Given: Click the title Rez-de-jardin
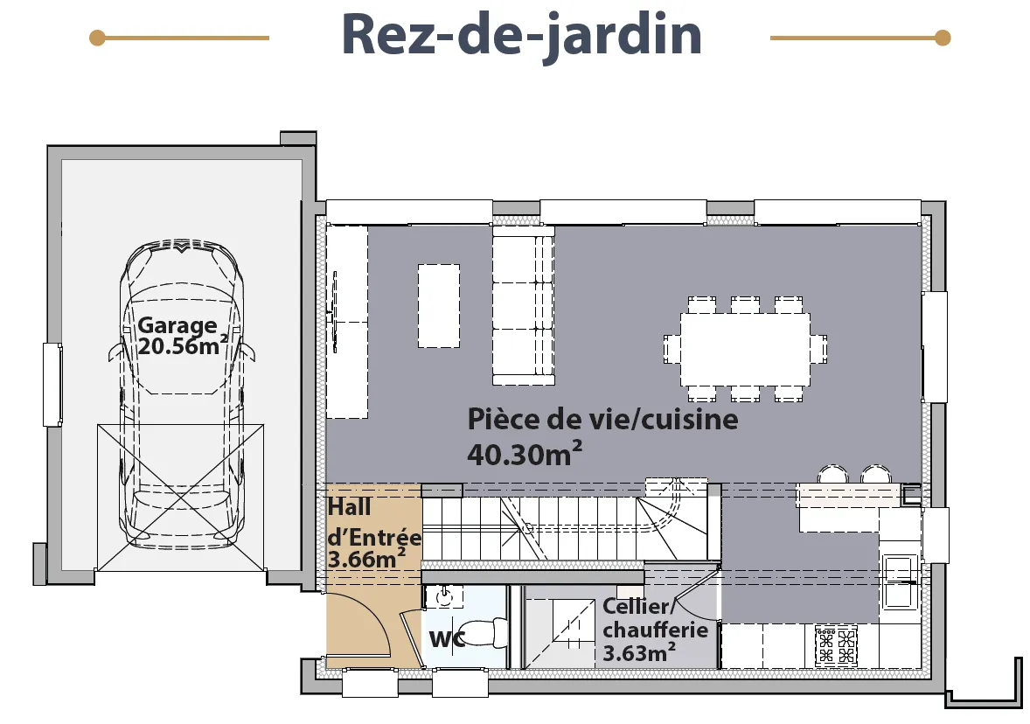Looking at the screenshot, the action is [x=522, y=36].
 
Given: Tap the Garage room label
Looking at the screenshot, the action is [x=177, y=325].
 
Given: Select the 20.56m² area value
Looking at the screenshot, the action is [x=183, y=345].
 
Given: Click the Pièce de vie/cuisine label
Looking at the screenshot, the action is [x=602, y=419].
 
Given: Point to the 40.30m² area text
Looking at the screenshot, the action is [x=525, y=454].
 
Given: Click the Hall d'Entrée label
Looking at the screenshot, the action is [x=373, y=522].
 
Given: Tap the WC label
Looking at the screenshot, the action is [x=447, y=638].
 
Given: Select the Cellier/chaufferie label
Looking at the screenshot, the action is [x=655, y=617].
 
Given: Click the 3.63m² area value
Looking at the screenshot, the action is [x=639, y=653].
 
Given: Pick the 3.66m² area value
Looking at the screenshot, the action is [x=365, y=559].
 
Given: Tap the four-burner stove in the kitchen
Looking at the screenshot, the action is [x=836, y=646].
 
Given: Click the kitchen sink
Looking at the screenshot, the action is [x=900, y=581].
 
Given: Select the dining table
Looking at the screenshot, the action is [x=745, y=350].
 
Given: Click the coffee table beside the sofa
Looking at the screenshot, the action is [x=439, y=305].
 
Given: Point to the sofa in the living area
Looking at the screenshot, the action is [x=524, y=305].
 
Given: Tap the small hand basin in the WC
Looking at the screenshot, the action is [x=445, y=595].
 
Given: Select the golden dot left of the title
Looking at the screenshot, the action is [x=97, y=38].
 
